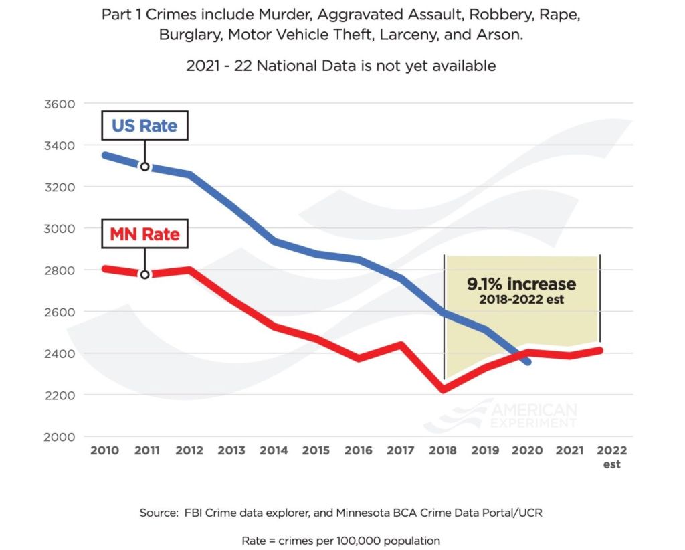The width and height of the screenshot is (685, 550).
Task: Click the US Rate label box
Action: (144, 126)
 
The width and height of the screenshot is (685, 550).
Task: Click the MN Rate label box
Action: (144, 234)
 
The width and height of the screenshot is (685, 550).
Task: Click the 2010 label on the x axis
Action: (104, 451)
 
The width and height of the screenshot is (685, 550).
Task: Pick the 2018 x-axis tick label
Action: (442, 451)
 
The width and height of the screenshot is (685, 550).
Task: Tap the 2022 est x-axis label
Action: (611, 457)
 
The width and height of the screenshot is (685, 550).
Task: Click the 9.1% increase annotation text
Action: (521, 284)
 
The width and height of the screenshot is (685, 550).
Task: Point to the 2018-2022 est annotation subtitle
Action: (521, 300)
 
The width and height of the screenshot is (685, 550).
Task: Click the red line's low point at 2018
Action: (444, 389)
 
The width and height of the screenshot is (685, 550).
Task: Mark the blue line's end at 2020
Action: (528, 361)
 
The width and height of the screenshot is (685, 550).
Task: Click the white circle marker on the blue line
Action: (144, 166)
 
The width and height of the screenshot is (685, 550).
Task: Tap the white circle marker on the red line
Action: (144, 274)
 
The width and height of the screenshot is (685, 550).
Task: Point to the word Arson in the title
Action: (502, 35)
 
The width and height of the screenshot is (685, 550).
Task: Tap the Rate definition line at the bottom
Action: (341, 539)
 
